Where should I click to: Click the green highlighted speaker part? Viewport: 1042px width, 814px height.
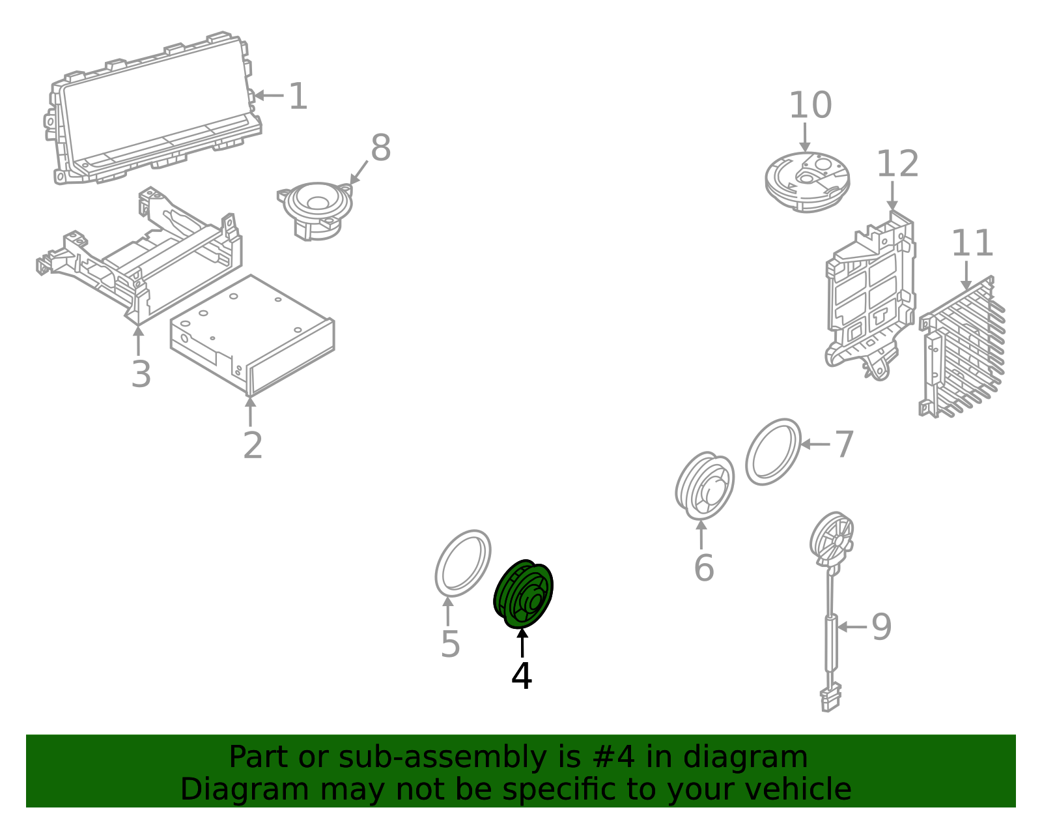click(x=523, y=594)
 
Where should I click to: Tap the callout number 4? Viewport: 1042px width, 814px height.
click(x=522, y=676)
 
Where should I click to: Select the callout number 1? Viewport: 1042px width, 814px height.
click(x=298, y=96)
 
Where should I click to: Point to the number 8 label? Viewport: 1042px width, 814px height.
click(x=381, y=147)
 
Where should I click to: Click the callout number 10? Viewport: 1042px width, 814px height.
click(x=810, y=105)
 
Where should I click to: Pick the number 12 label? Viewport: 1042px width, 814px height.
click(x=897, y=164)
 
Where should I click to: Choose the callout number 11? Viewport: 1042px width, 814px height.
click(x=972, y=243)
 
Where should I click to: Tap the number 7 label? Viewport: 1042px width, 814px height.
click(x=844, y=444)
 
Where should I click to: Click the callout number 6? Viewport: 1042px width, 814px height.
click(x=704, y=568)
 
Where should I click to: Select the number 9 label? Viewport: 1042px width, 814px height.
click(x=881, y=627)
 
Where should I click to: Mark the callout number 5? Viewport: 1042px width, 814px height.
click(x=450, y=644)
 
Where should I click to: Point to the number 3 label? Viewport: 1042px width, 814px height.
click(x=141, y=373)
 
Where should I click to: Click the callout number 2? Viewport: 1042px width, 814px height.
click(x=253, y=446)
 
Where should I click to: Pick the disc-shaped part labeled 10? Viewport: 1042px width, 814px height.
click(x=807, y=182)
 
